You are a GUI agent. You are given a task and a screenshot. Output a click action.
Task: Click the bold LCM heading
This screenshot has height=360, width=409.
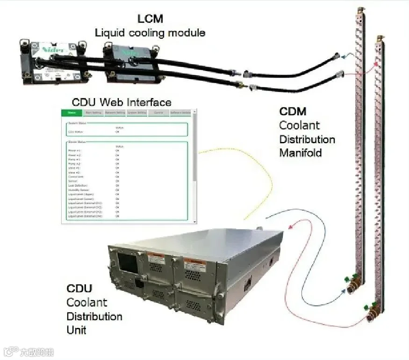[151, 19]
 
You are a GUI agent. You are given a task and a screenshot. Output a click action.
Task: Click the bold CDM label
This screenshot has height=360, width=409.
[293, 111]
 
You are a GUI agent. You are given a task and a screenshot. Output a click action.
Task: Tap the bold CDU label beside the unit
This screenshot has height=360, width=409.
[79, 288]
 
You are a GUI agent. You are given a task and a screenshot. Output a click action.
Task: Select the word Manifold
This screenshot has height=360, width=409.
[301, 153]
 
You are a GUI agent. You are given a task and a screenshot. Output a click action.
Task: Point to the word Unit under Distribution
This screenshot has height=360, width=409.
[77, 330]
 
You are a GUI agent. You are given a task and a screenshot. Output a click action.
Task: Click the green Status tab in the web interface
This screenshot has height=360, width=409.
[72, 113]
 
